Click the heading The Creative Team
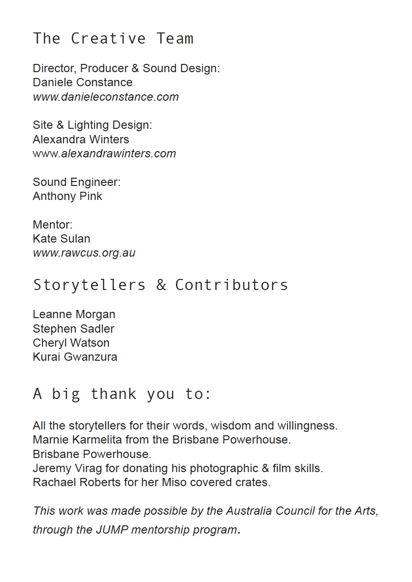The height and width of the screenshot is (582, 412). (113, 38)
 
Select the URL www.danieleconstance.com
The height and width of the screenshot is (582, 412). (106, 97)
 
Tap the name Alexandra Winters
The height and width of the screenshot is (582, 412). (81, 139)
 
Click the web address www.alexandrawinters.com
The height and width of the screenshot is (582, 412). (104, 154)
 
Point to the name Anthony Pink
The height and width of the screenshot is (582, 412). (67, 196)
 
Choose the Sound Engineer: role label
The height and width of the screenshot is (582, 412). (77, 182)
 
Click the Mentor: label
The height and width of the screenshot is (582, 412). (52, 225)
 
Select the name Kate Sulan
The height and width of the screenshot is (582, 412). (62, 239)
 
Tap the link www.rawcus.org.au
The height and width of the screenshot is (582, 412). (84, 253)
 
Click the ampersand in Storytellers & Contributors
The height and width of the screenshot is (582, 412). (161, 285)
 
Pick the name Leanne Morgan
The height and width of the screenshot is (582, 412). (74, 314)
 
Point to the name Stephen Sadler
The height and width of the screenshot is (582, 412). (74, 329)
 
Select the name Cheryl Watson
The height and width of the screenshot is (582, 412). (71, 343)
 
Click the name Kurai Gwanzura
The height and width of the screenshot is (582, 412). (75, 357)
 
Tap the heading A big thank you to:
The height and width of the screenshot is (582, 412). (122, 394)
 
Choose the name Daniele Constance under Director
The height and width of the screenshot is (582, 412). (82, 82)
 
